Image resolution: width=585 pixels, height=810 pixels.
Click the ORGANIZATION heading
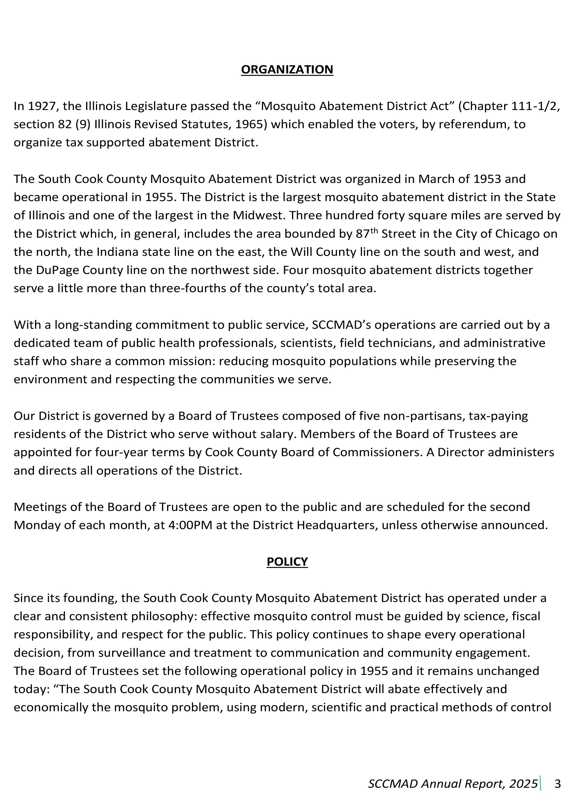287,69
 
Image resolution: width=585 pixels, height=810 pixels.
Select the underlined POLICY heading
287,562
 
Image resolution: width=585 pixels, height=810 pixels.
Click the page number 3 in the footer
558,784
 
